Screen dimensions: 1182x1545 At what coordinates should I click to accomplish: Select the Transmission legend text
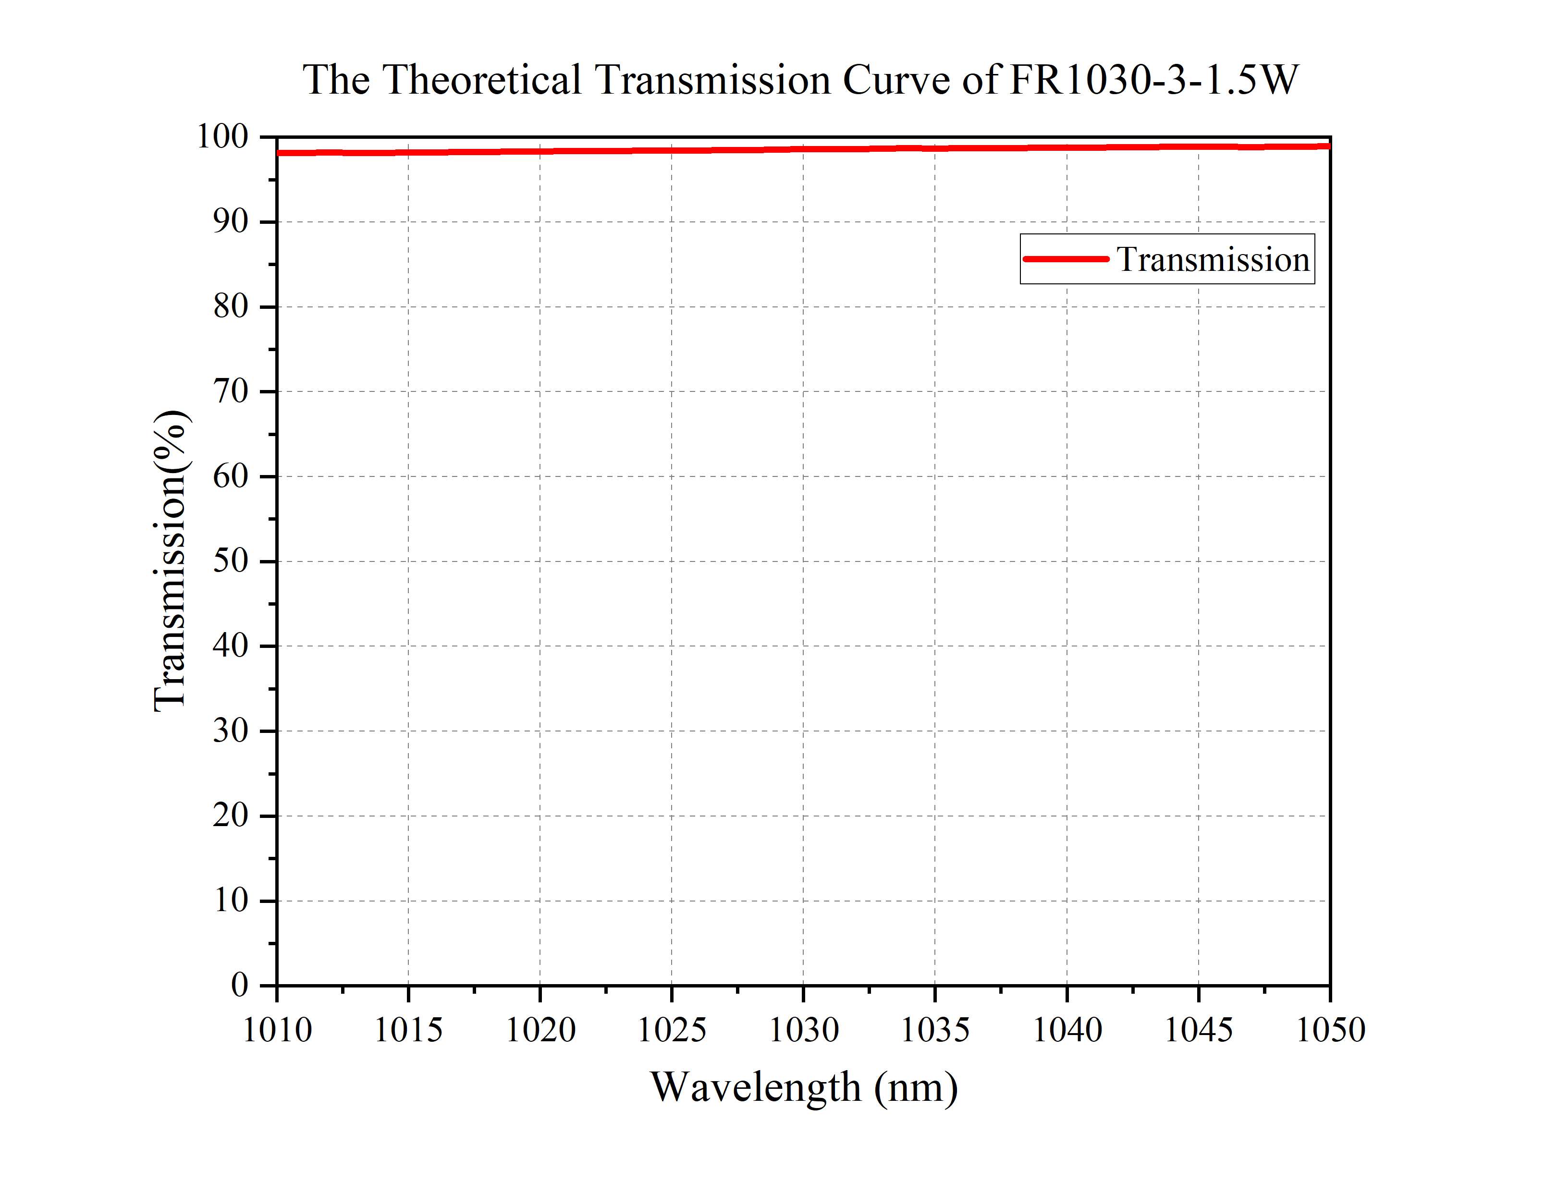(1213, 260)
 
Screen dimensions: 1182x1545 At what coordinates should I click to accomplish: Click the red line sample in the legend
(1065, 259)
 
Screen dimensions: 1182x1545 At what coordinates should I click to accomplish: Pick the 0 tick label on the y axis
(240, 985)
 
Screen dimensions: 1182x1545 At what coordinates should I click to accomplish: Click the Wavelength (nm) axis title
(803, 1087)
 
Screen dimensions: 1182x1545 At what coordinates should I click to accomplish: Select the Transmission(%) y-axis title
(170, 561)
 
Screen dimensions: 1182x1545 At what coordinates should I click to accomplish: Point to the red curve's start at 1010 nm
(279, 153)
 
